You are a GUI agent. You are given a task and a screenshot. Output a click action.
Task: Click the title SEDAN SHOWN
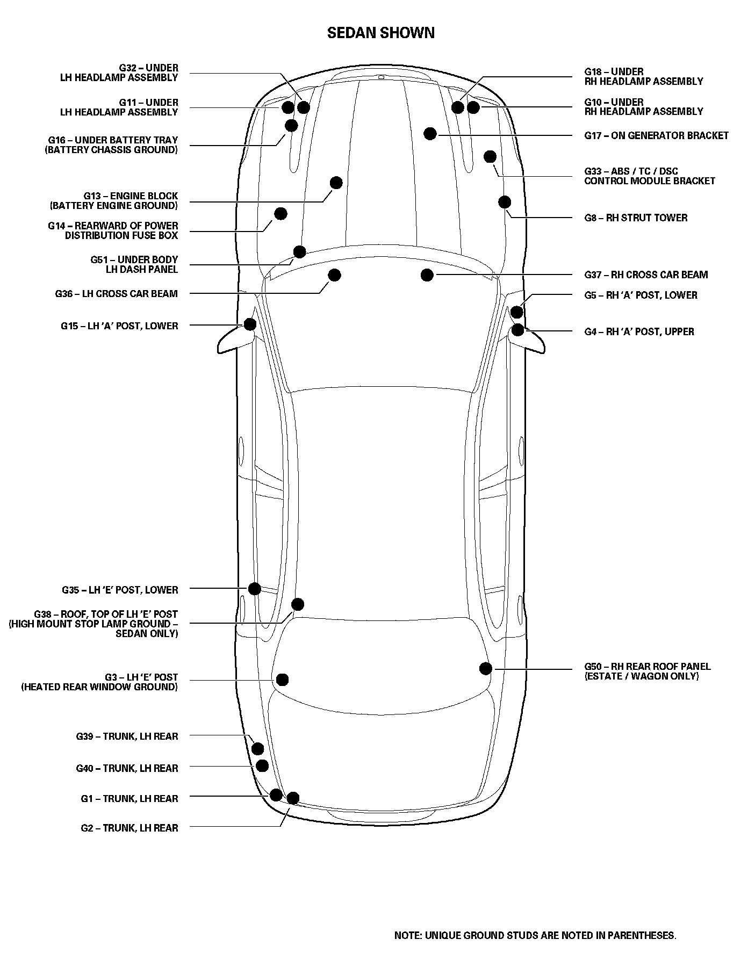click(381, 33)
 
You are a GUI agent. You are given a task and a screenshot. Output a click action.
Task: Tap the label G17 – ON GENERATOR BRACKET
click(656, 135)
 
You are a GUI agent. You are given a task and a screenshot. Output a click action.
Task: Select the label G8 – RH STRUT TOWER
click(636, 218)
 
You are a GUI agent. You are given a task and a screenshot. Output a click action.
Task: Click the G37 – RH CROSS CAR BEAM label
click(646, 274)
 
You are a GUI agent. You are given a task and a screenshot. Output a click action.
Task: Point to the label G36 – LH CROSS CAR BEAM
click(116, 294)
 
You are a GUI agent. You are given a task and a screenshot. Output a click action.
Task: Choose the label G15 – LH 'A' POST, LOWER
click(119, 326)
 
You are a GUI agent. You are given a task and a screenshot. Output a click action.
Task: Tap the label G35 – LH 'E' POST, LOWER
click(120, 590)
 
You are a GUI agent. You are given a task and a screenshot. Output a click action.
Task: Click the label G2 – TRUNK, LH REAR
click(130, 828)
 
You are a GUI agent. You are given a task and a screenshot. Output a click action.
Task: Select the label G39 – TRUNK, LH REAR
click(127, 736)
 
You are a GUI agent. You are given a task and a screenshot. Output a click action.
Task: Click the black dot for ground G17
click(430, 133)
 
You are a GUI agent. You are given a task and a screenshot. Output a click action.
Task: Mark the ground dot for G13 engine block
click(336, 183)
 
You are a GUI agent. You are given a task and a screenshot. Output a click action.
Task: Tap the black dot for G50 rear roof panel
click(486, 668)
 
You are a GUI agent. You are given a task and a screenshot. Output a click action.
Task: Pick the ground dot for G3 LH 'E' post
click(282, 680)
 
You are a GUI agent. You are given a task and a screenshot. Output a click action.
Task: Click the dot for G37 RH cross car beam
click(427, 275)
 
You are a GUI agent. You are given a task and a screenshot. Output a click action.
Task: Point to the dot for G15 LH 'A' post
click(250, 324)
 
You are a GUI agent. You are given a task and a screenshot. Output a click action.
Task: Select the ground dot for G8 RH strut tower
click(505, 202)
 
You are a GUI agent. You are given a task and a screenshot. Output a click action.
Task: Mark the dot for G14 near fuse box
click(280, 214)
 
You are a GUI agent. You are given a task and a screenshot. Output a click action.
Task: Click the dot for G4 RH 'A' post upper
click(517, 329)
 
